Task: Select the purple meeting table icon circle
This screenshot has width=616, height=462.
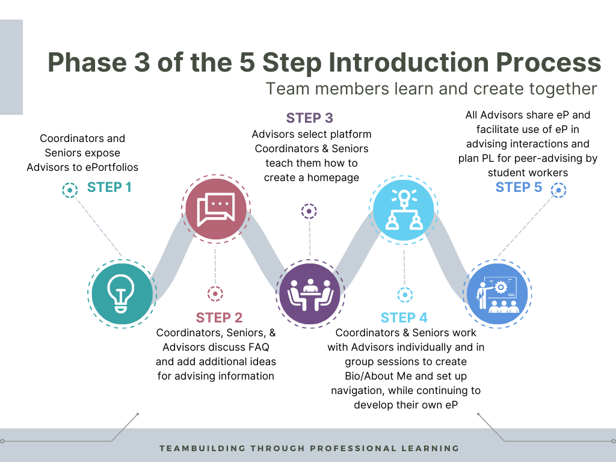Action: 309,293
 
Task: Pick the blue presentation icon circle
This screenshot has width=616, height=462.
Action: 497,293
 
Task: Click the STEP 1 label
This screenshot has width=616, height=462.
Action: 109,187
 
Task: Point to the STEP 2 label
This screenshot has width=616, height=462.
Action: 219,318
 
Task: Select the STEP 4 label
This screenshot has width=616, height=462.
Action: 404,318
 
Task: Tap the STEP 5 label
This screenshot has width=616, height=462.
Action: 519,187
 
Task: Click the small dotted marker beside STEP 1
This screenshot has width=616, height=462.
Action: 70,191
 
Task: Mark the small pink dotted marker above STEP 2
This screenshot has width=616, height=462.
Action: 215,294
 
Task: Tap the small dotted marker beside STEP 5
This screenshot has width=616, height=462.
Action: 559,191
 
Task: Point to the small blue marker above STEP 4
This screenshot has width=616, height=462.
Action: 405,295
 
